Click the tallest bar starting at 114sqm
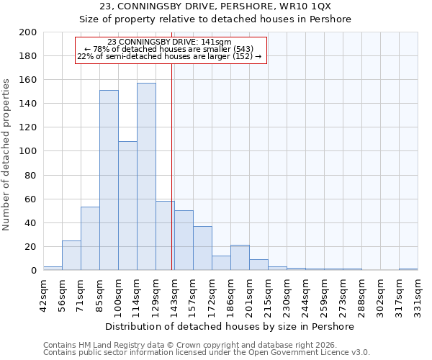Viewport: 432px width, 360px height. tap(146, 176)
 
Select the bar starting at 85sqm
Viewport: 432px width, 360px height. tap(109, 180)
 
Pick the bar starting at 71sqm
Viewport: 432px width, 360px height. tap(90, 238)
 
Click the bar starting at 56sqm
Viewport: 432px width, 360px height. tap(71, 255)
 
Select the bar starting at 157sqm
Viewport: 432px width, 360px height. tap(202, 248)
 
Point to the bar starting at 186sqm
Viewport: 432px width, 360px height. tap(240, 257)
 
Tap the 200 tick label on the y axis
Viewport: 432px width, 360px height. tap(28, 32)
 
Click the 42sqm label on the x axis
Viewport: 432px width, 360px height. tap(43, 294)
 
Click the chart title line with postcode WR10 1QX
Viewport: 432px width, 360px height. tap(215, 6)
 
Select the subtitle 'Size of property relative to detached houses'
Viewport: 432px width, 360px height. tap(215, 19)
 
